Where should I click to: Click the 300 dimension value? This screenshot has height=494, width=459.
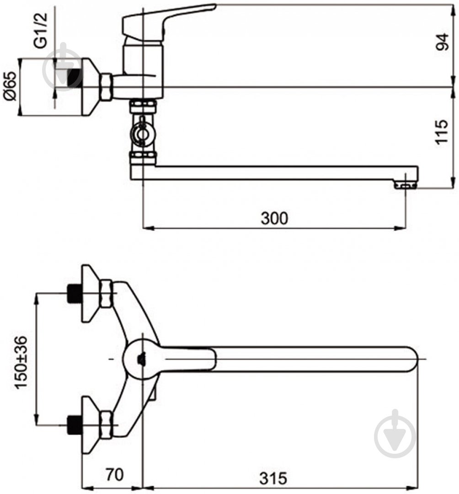(274, 218)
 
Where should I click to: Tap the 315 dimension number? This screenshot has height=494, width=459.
(273, 478)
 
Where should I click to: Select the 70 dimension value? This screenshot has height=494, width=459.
(115, 474)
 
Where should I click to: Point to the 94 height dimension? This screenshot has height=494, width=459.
(442, 42)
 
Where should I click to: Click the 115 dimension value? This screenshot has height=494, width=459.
(442, 132)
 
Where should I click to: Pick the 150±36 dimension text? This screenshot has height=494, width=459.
(21, 362)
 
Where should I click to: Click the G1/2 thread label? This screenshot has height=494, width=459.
(41, 30)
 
